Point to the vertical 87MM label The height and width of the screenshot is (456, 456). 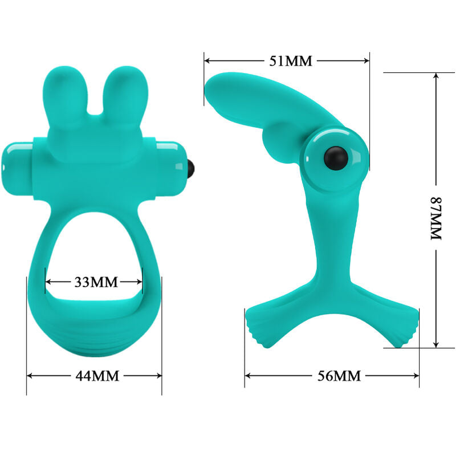tap(435, 218)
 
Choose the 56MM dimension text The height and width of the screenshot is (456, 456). tap(339, 376)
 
